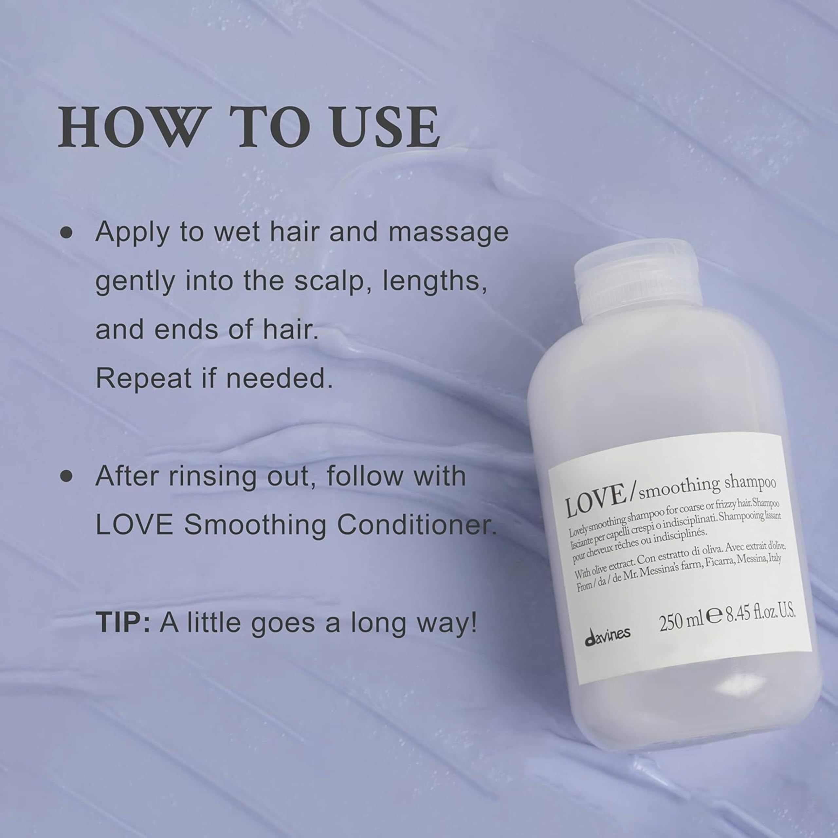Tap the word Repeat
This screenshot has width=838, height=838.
[143, 378]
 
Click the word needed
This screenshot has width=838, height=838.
[279, 378]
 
